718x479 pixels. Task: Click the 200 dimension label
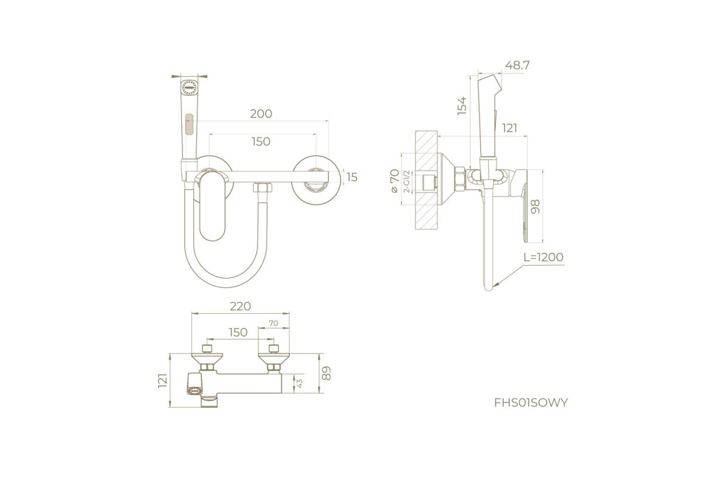[x=261, y=114]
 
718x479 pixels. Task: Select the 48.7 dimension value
[x=518, y=65]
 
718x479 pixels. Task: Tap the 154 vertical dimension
[x=462, y=105]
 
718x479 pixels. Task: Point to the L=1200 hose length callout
[x=543, y=257]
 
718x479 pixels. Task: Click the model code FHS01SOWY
[x=531, y=402]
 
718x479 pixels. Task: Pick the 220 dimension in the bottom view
[x=240, y=307]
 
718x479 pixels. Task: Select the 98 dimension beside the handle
[x=536, y=207]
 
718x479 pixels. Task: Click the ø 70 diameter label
[x=394, y=181]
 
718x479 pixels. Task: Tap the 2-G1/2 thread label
[x=407, y=181]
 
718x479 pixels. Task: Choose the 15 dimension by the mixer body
[x=352, y=177]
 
